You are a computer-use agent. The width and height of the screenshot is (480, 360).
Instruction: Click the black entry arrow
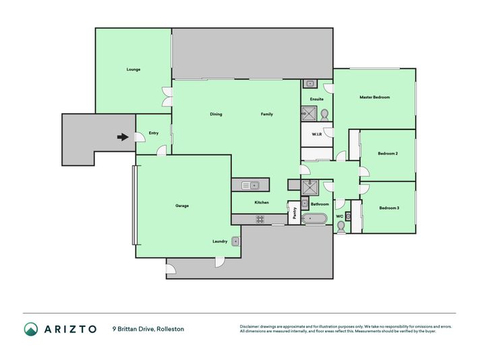(x=123, y=137)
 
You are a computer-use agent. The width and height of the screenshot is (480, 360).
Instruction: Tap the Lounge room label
(x=133, y=69)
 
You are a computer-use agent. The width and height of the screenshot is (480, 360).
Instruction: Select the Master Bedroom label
(x=375, y=97)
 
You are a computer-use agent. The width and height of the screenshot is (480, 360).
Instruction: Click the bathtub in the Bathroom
(x=314, y=219)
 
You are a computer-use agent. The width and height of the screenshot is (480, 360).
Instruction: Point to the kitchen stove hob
(x=260, y=219)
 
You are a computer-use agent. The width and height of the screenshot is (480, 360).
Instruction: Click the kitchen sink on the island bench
(x=250, y=185)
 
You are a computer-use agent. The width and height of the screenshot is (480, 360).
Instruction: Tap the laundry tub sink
(x=235, y=241)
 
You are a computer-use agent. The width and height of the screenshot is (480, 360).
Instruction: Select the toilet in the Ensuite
(x=324, y=115)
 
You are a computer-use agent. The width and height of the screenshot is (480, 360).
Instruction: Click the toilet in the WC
(x=340, y=227)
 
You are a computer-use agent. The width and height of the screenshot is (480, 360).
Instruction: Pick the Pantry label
(x=295, y=213)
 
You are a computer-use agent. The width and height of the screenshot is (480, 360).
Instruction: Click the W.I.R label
(x=317, y=134)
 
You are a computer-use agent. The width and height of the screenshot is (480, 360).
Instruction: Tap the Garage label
(x=182, y=206)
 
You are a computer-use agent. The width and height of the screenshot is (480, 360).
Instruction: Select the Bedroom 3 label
(x=389, y=208)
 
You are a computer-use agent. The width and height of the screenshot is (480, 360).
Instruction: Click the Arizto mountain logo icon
(x=31, y=329)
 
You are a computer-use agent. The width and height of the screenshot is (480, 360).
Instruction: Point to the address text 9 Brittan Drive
(x=133, y=329)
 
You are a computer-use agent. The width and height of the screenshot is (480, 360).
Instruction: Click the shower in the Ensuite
(x=309, y=113)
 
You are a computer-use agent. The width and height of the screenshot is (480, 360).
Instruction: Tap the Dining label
(x=216, y=114)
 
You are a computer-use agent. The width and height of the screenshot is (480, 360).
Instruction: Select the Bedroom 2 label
(x=388, y=153)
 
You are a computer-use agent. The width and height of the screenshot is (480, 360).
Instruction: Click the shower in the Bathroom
(x=310, y=187)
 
